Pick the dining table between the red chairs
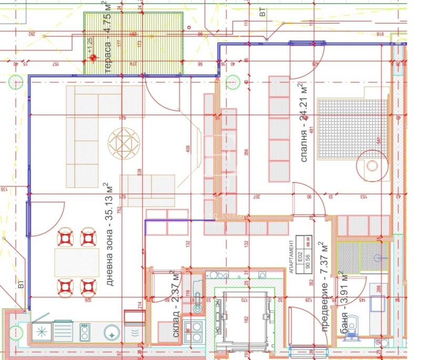76,262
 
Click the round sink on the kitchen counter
112,332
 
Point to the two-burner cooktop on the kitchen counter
85,331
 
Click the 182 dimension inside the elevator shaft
246,319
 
